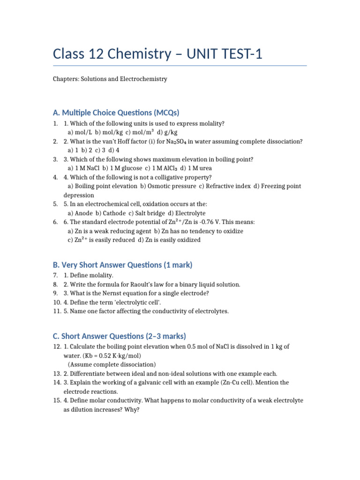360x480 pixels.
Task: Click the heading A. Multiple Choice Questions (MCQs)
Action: [116, 112]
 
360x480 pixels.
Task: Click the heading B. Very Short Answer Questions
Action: [123, 265]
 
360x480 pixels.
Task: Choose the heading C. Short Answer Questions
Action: [119, 336]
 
